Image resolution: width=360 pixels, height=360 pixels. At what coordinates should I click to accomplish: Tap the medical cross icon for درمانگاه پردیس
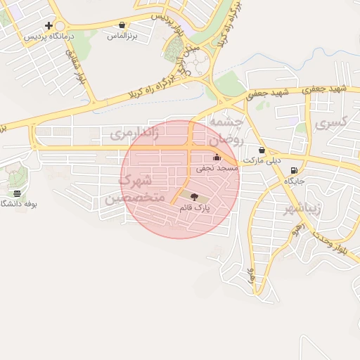[49, 25]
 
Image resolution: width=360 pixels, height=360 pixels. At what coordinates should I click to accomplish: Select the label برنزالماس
[122, 34]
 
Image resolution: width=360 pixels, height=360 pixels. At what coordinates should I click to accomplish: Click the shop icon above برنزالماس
[122, 25]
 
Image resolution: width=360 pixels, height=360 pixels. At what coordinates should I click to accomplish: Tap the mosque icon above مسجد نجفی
[216, 158]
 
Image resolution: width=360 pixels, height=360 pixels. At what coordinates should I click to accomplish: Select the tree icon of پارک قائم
[195, 198]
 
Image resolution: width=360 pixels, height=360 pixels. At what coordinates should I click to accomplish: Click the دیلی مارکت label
[262, 160]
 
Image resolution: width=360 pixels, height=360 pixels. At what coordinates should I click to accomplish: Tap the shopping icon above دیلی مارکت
[262, 150]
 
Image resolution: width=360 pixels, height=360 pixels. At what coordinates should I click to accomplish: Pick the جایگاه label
[293, 181]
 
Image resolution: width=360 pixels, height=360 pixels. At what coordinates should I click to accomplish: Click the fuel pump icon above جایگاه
[293, 170]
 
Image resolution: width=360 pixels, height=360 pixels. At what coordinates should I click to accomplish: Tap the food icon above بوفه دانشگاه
[17, 193]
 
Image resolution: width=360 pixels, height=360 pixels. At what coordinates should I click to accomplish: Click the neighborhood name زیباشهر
[302, 210]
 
